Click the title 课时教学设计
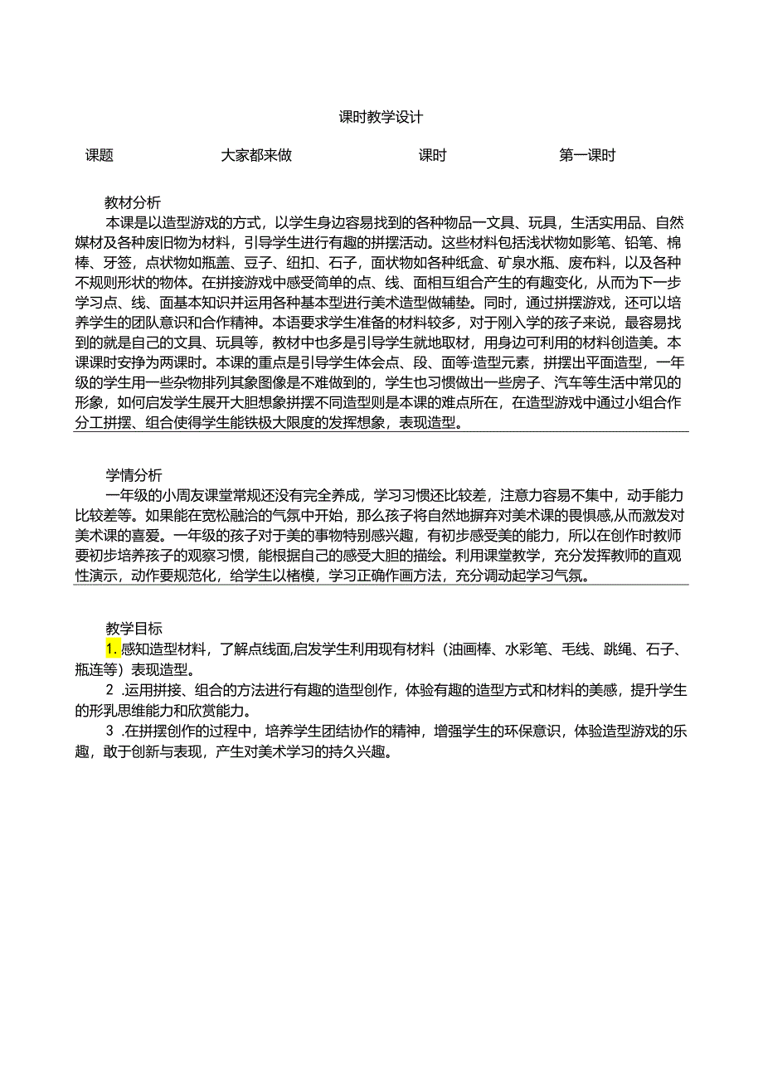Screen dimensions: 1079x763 tap(381, 118)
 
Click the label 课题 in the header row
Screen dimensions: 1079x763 tap(100, 156)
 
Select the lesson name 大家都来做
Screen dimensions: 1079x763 tap(256, 156)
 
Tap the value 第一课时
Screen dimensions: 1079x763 tap(587, 156)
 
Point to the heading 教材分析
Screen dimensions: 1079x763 tap(133, 202)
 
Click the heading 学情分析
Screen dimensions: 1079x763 tap(133, 475)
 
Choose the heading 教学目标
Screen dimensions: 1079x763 tap(133, 629)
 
